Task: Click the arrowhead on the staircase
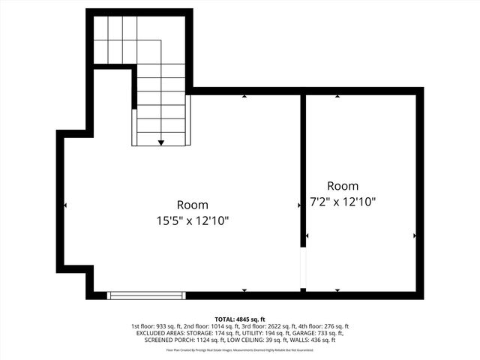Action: (x=161, y=142)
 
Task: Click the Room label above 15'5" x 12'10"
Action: (x=193, y=204)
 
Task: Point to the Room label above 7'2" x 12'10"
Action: (x=343, y=185)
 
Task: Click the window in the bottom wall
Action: (x=146, y=295)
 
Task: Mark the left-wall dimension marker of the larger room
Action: (x=66, y=205)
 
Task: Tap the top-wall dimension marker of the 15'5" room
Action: (x=244, y=96)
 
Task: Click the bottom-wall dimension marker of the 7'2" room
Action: (x=337, y=290)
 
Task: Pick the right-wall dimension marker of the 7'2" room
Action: (x=415, y=235)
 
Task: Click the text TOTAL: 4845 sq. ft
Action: (x=240, y=319)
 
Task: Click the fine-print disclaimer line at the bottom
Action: (x=240, y=349)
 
